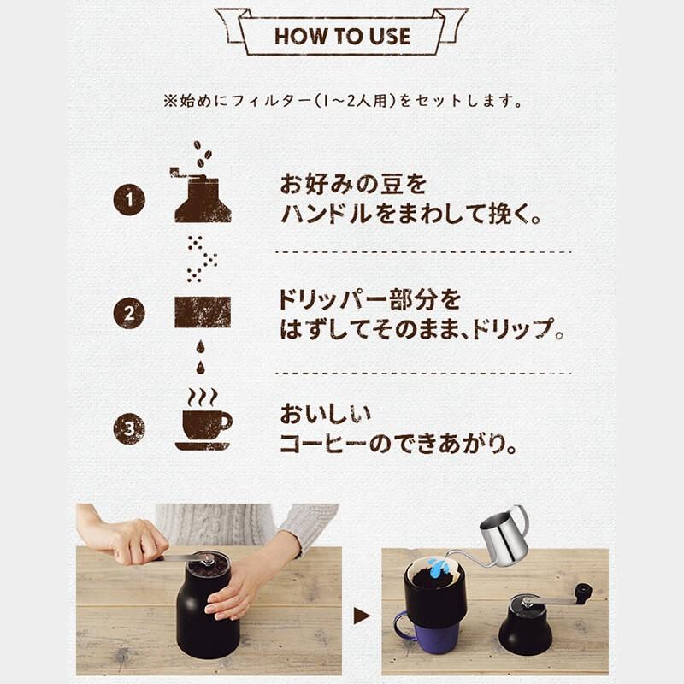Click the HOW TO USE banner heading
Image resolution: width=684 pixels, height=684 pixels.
342,36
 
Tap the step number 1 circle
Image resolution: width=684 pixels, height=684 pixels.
129,200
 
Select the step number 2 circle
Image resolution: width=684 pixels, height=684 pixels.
129,313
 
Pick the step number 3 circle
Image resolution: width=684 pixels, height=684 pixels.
129,428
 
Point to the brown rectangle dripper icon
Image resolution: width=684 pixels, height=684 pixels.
203,312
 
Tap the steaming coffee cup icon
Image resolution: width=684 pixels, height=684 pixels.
204,420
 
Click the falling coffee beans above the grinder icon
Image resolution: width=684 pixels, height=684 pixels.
203,154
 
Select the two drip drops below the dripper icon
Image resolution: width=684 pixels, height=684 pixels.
200,357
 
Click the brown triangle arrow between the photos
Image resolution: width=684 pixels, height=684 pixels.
362,616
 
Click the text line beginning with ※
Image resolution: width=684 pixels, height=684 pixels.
343,101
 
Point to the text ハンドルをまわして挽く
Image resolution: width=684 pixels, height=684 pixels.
410,215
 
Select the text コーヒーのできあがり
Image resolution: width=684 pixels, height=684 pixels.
398,444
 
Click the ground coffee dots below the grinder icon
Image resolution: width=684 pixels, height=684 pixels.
202,258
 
